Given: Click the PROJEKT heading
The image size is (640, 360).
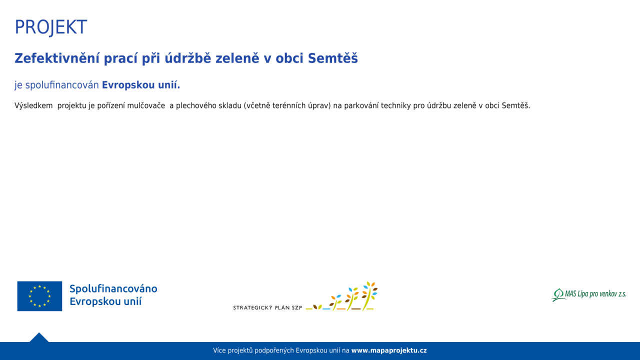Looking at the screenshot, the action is pos(50,27).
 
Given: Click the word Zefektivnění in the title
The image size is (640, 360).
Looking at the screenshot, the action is pos(57,58).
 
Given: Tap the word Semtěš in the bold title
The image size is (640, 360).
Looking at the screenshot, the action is pos(332,58).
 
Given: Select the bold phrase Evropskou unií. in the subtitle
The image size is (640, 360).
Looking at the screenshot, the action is pos(141,85).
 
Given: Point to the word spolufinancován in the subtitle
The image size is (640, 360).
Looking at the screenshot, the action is pos(62,85).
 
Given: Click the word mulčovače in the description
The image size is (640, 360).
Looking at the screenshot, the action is pos(146,105).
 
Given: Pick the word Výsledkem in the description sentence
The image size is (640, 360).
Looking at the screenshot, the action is pos(33,105).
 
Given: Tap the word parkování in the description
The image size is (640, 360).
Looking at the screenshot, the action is pos(361,105).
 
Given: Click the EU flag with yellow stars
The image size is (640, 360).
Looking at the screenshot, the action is pos(39,296).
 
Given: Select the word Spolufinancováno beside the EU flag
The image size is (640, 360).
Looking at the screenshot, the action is pos(113,289).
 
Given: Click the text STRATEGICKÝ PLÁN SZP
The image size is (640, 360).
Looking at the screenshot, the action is pos(267,307).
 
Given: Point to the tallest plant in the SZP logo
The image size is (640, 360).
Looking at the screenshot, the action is pos(369,296).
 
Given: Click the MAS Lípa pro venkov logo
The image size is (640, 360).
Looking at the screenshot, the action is pos(588,294).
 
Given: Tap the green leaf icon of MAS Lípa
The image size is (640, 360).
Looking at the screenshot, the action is pos(558,295).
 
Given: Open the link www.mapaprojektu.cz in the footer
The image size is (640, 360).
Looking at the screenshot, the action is pos(389,350).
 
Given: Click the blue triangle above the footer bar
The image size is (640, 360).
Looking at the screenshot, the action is pos(39,337).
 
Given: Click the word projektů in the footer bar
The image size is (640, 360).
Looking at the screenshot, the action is pos(240,350).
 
